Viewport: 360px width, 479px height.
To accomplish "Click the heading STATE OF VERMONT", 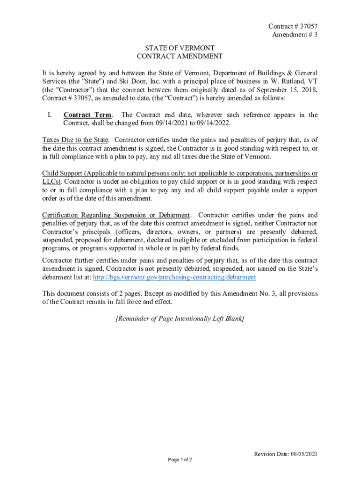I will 180,48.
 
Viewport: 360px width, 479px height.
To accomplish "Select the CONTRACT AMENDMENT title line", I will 180,57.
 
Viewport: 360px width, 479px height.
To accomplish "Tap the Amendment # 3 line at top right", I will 294,35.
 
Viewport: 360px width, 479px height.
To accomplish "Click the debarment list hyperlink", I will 175,277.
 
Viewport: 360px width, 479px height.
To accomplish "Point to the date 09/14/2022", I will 213,123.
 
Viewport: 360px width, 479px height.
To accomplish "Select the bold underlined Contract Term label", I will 87,115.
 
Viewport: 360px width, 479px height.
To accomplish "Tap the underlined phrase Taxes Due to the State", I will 75,140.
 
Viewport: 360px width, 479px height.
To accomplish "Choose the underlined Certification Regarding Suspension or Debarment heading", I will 116,215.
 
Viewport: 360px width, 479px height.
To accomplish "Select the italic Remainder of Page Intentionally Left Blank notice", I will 180,319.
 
